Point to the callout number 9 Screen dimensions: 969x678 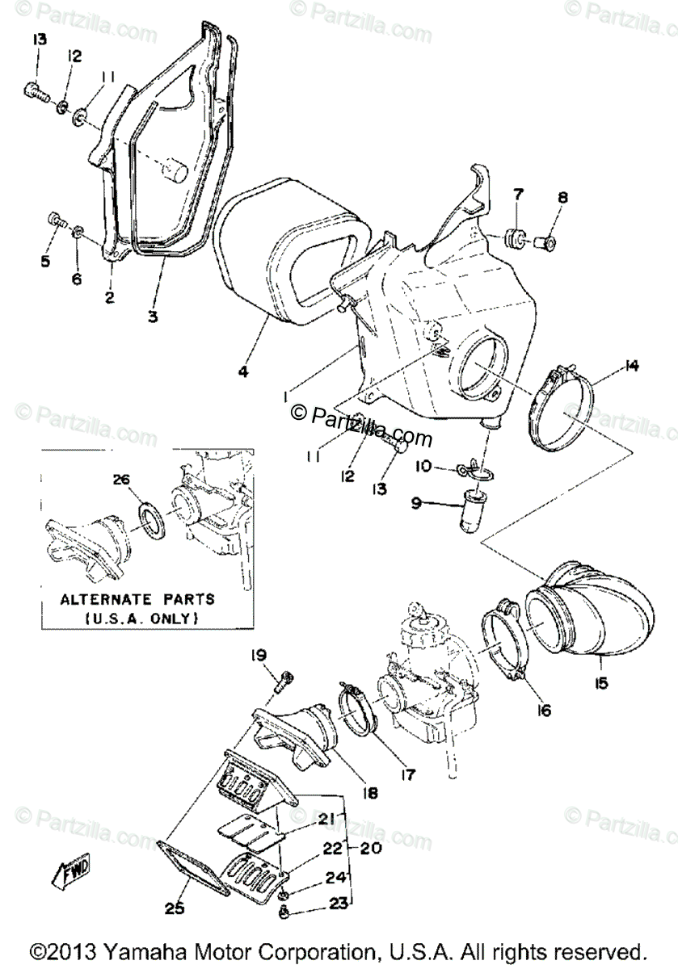tap(415, 502)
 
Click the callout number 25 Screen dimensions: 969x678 tap(175, 908)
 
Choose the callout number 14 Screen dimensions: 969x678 tap(630, 367)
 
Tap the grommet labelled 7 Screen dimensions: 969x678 tap(514, 239)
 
